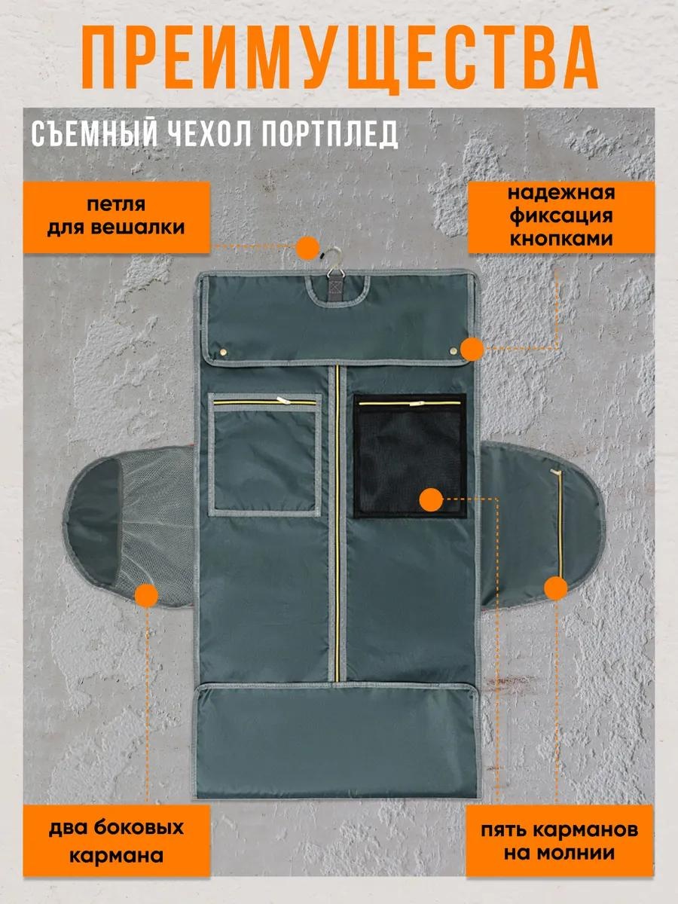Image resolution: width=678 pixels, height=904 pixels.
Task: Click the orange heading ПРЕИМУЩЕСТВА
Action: [340, 59]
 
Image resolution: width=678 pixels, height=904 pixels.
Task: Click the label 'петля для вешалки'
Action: [116, 217]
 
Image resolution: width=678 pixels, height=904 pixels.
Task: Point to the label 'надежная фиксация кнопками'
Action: [561, 216]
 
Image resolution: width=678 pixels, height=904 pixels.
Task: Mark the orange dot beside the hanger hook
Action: [307, 248]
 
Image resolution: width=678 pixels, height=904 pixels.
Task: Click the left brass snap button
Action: [224, 351]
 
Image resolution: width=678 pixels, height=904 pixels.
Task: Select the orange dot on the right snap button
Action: [472, 350]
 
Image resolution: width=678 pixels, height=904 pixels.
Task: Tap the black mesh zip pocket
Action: [410, 456]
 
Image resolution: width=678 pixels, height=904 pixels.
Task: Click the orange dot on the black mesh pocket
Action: [431, 500]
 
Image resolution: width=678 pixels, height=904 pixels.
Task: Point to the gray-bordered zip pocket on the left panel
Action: [264, 455]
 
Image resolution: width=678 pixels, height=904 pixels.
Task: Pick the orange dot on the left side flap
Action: [146, 595]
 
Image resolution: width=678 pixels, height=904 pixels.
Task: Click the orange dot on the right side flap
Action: [556, 588]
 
